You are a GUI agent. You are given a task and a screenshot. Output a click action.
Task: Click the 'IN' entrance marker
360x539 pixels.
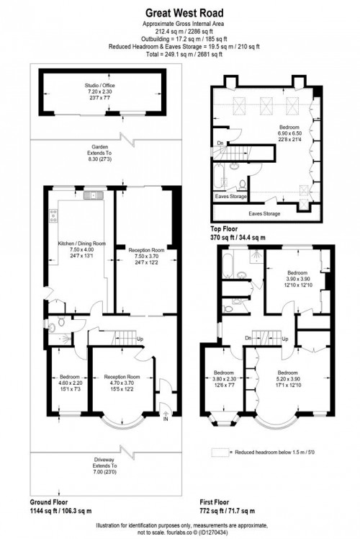166,419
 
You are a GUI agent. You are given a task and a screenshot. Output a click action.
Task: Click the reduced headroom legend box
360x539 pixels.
220,453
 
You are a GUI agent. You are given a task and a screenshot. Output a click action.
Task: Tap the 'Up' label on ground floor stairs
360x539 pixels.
140,340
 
